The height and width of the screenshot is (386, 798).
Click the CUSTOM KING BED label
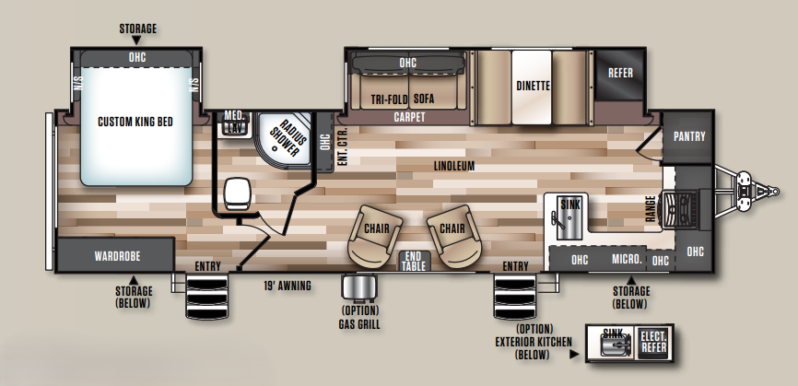(135, 122)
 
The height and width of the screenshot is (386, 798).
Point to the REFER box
(620, 75)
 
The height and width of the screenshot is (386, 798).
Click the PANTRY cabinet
(688, 136)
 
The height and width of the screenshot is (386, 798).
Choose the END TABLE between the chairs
(413, 262)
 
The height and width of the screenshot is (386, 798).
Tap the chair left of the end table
(375, 234)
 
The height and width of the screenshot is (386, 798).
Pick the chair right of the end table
(452, 234)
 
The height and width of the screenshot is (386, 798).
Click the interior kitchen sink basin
(567, 218)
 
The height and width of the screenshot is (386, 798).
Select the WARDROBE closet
(116, 255)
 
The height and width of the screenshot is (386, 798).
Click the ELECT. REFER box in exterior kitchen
(654, 343)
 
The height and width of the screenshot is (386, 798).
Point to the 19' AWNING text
(287, 286)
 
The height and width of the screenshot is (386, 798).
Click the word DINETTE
(533, 86)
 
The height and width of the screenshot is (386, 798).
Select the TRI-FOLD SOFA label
(402, 99)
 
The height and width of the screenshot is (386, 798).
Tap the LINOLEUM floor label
(454, 166)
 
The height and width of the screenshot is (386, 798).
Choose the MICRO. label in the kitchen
(627, 260)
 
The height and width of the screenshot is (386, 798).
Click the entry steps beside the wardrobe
(206, 297)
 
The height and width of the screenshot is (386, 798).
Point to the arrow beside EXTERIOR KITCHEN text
(575, 355)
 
